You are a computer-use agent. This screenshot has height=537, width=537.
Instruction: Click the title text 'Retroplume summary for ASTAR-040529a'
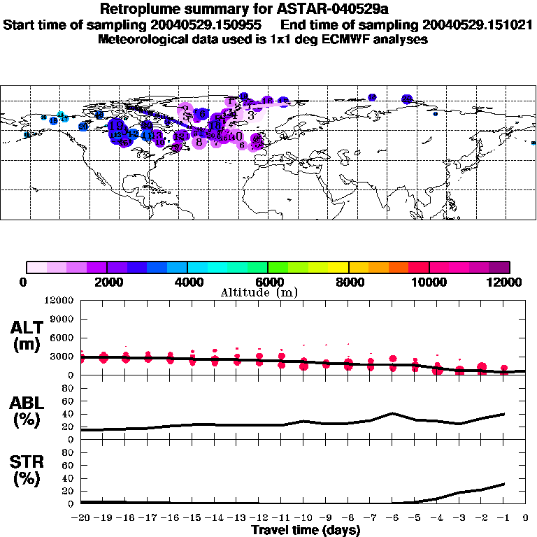coord(268,9)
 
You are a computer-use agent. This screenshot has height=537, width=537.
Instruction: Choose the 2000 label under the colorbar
coord(106,282)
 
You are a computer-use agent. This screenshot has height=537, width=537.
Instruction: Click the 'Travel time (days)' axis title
coord(306,530)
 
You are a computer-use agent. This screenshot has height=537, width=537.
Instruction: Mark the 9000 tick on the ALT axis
coord(64,320)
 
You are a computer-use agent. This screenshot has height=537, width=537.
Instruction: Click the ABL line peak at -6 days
coord(393,413)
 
